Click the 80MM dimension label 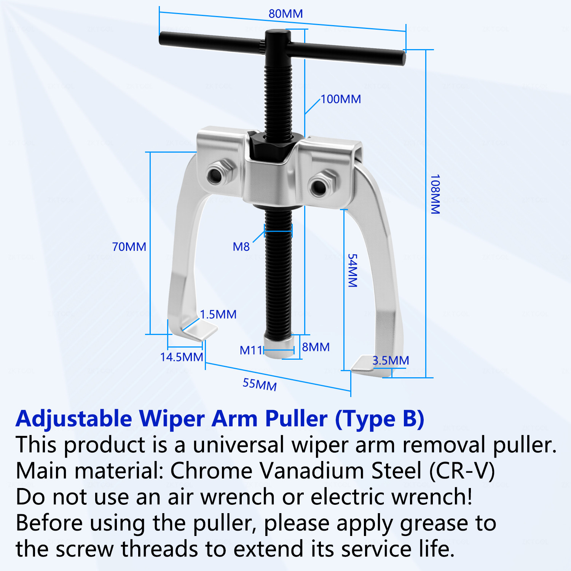[x=285, y=14]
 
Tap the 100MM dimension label [x=341, y=99]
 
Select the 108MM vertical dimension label [x=435, y=194]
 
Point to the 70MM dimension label [x=129, y=247]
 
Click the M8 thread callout [x=241, y=247]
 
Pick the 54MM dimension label [x=353, y=271]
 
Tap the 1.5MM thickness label [x=218, y=314]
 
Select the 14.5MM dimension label [x=182, y=357]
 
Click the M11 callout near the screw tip [x=251, y=350]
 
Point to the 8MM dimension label [x=316, y=347]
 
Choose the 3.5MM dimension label [x=391, y=360]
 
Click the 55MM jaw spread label [x=260, y=384]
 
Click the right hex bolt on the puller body [x=322, y=184]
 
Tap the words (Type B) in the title [x=380, y=419]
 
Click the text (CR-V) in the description [x=462, y=471]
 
